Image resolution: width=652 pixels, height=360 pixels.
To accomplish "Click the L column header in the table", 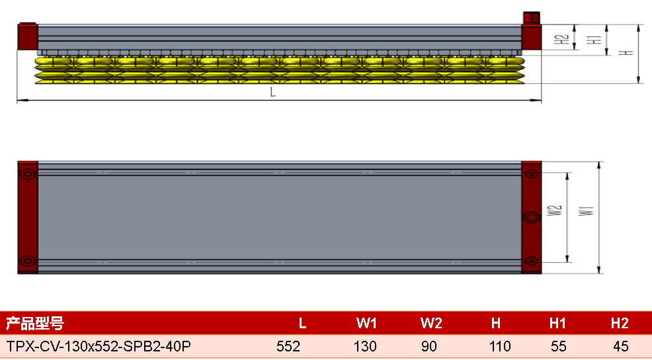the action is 302,324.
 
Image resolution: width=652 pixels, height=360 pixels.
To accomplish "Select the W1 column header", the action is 366,324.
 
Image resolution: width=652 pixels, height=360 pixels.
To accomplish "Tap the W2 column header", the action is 431,324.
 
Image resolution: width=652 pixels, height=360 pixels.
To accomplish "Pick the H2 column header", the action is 620,324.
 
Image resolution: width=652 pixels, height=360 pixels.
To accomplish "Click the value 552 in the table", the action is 288,346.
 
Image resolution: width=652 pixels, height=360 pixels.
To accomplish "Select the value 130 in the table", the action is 365,346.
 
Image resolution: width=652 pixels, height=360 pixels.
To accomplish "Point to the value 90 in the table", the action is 429,346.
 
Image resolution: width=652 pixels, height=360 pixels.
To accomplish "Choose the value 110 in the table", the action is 500,346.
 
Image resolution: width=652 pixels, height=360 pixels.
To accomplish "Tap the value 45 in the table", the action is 621,346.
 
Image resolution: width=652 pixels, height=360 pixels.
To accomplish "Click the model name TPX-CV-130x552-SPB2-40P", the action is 99,346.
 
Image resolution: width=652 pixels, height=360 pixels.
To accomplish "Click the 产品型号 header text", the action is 35,324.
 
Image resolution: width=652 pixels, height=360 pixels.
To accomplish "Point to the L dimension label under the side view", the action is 273,92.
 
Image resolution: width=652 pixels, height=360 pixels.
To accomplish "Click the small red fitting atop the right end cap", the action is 532,18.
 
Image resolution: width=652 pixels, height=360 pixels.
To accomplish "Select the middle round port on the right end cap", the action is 532,217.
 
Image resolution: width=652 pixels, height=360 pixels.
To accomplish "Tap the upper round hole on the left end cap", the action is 28,174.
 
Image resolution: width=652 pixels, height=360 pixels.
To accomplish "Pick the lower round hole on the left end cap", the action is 28,261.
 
